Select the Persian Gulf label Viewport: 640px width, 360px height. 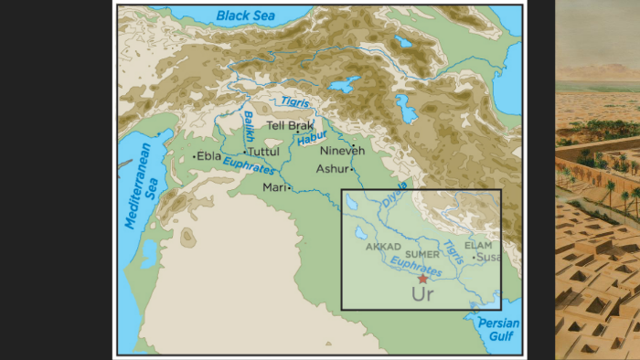[502, 330]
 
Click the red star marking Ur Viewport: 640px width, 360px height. [422, 279]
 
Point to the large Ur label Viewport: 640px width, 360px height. [422, 295]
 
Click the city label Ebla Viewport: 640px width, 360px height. [209, 156]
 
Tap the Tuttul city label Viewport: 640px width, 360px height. [262, 152]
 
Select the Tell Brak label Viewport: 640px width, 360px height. [290, 126]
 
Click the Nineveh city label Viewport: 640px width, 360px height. [342, 151]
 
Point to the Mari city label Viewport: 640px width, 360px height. [274, 187]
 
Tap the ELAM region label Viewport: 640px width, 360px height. [478, 245]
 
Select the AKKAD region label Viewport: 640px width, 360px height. [384, 247]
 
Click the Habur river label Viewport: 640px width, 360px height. [312, 139]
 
